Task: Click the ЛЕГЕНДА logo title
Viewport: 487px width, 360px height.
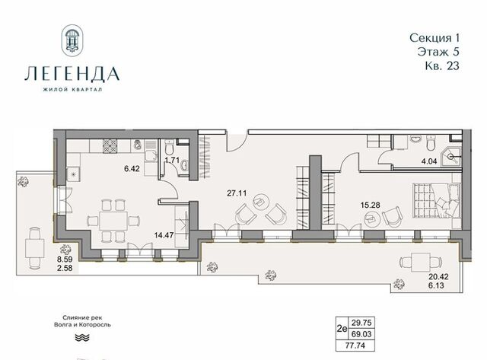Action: coord(72,74)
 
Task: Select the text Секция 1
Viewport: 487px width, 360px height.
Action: coord(434,38)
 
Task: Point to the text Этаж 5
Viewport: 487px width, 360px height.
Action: coord(438,52)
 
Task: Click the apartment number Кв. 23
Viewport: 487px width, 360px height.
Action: coord(442,65)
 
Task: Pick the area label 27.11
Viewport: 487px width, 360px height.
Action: coord(237,193)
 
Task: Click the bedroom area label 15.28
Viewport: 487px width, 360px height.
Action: coord(371,205)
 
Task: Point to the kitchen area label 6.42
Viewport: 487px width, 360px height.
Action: coord(132,169)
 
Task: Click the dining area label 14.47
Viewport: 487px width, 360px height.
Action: coord(164,235)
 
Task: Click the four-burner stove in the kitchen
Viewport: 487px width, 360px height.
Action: coord(110,146)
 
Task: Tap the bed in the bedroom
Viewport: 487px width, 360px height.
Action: coord(436,201)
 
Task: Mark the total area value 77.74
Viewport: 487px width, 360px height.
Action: coord(355,346)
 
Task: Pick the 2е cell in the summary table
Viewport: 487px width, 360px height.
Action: coord(342,328)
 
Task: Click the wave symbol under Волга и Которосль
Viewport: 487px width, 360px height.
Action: coord(82,338)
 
